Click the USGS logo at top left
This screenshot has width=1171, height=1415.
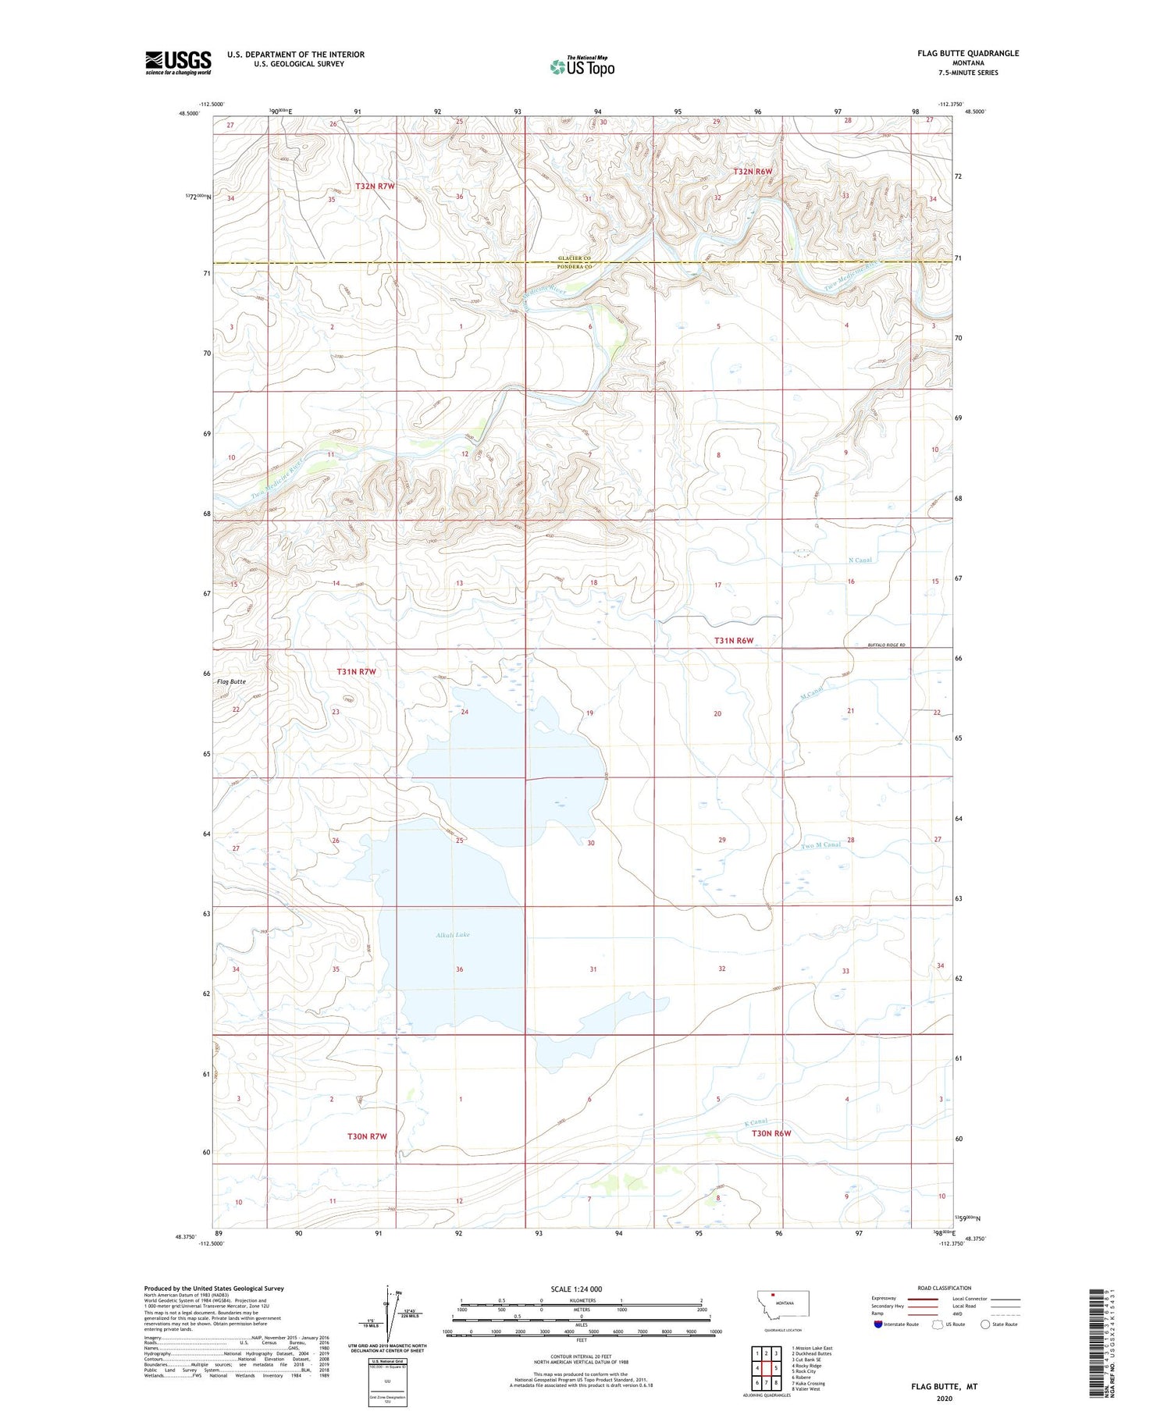178,62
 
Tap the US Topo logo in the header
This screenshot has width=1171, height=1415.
582,66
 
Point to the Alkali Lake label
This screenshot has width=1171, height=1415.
453,934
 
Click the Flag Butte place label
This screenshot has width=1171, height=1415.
230,681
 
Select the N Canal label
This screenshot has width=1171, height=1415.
860,560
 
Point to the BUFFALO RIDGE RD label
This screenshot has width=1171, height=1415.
886,645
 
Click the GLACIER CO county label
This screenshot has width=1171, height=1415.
575,258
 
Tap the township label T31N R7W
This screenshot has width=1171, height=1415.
357,671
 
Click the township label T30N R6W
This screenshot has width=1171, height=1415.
771,1133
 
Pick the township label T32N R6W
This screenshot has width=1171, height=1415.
753,172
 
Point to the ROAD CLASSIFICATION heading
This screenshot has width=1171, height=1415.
945,1288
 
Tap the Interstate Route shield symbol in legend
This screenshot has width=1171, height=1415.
878,1324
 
